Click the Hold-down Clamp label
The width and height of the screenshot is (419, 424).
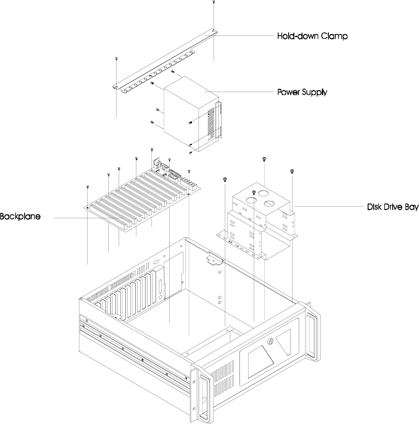312,36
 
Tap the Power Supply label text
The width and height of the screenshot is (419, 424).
302,92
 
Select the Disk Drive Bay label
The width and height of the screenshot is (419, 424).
393,207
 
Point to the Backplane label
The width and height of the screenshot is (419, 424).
20,217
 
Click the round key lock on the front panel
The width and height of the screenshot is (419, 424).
271,342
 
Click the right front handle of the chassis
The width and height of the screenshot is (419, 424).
312,333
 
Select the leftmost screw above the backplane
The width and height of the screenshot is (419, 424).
88,187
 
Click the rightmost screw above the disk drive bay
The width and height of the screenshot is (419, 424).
292,171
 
